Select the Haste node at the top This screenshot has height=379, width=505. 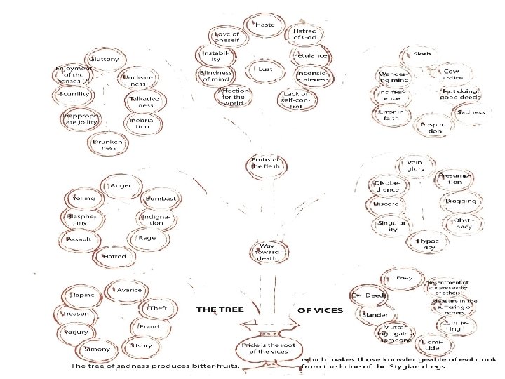click(x=264, y=25)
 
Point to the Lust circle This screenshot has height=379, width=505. click(x=264, y=69)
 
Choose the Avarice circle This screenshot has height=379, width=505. click(x=128, y=290)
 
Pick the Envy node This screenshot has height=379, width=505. click(x=403, y=279)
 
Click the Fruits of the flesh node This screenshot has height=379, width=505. click(x=265, y=163)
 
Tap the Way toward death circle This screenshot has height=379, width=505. click(x=267, y=251)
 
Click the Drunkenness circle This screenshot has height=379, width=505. click(x=107, y=145)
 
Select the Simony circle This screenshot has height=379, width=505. click(x=97, y=349)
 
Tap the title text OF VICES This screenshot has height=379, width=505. click(x=321, y=309)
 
